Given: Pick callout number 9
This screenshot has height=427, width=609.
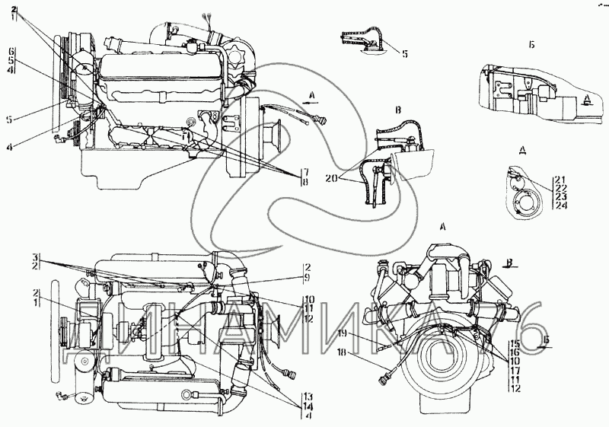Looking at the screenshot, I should (308, 278).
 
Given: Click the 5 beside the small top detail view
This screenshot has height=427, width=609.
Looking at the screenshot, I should (405, 54).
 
